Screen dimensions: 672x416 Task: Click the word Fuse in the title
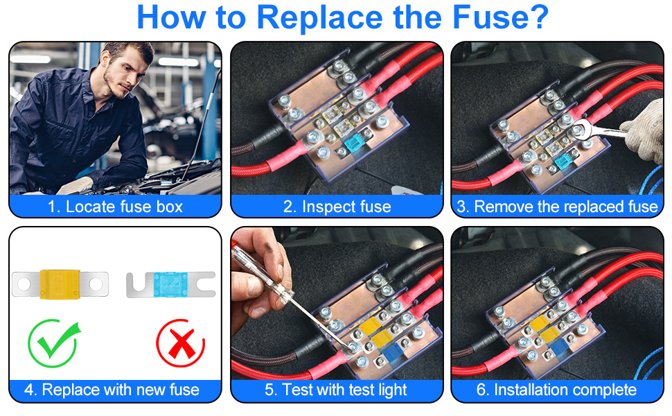501,17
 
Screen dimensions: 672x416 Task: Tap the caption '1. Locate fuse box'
115,207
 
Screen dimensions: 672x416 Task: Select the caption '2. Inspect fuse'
337,207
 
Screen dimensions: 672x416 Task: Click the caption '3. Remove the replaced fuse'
557,207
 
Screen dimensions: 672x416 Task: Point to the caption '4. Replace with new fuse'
112,390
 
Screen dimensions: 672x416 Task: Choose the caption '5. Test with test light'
335,390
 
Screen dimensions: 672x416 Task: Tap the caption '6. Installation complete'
556,390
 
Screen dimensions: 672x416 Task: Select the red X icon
180,343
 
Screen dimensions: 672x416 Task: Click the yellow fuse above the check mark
60,284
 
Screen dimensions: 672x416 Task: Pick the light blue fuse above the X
170,284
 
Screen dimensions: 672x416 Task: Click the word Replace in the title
319,17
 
